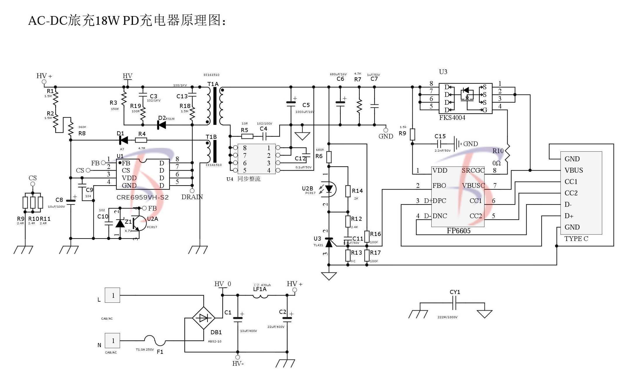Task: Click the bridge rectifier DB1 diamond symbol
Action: [203, 318]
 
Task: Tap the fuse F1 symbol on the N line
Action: [155, 340]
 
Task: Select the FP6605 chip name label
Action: [459, 231]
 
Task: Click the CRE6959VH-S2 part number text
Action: [143, 197]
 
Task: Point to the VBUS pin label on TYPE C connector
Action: [574, 170]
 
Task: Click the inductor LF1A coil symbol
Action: [260, 296]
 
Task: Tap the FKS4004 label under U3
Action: [452, 118]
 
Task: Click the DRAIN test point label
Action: [192, 197]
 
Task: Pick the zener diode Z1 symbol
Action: [120, 223]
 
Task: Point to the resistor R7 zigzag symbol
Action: [359, 106]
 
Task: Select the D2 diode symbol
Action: [162, 125]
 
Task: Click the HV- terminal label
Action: [238, 364]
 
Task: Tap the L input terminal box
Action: [113, 295]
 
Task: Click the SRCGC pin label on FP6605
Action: [473, 171]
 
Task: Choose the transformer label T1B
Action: [211, 137]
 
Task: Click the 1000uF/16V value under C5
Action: [305, 112]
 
